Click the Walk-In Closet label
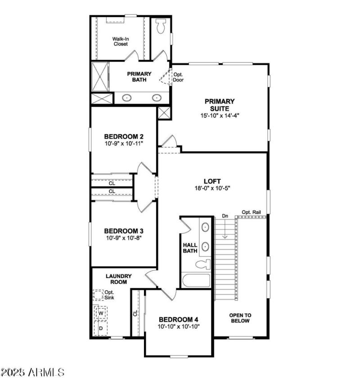click(120, 41)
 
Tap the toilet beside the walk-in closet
click(161, 27)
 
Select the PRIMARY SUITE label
click(220, 105)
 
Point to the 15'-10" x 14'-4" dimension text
click(220, 116)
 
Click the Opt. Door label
click(179, 77)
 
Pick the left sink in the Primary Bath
click(127, 97)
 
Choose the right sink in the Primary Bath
click(157, 97)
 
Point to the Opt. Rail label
click(252, 212)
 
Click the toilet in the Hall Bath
click(204, 264)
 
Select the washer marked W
click(101, 312)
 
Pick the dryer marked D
click(101, 328)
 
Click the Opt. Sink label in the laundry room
click(109, 295)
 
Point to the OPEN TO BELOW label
click(240, 318)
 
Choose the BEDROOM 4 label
click(178, 320)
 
